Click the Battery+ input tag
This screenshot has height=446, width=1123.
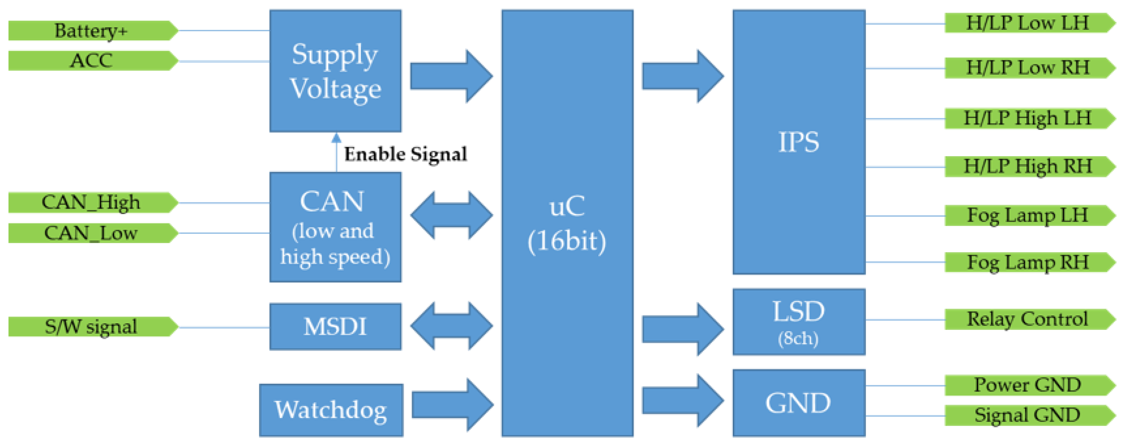click(92, 31)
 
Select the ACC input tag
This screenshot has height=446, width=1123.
click(92, 60)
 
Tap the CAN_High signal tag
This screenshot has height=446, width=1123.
click(92, 202)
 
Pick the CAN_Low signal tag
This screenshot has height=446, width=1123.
click(92, 233)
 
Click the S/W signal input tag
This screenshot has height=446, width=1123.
click(92, 326)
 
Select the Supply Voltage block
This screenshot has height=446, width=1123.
click(335, 71)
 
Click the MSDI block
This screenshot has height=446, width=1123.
click(335, 326)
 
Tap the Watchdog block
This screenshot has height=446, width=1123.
click(331, 410)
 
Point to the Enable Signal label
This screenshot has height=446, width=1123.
click(405, 154)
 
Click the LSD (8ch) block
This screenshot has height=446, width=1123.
click(798, 322)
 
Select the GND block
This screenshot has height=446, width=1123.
click(798, 403)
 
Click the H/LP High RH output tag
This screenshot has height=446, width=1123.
click(1028, 166)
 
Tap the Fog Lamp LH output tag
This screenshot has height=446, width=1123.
click(1028, 215)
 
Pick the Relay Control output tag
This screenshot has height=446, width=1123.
click(1028, 319)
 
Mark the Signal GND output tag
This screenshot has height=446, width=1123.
click(1028, 415)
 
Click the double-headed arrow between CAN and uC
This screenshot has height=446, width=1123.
click(451, 215)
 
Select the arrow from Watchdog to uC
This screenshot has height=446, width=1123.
click(451, 405)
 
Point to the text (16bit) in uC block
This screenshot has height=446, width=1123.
click(567, 241)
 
